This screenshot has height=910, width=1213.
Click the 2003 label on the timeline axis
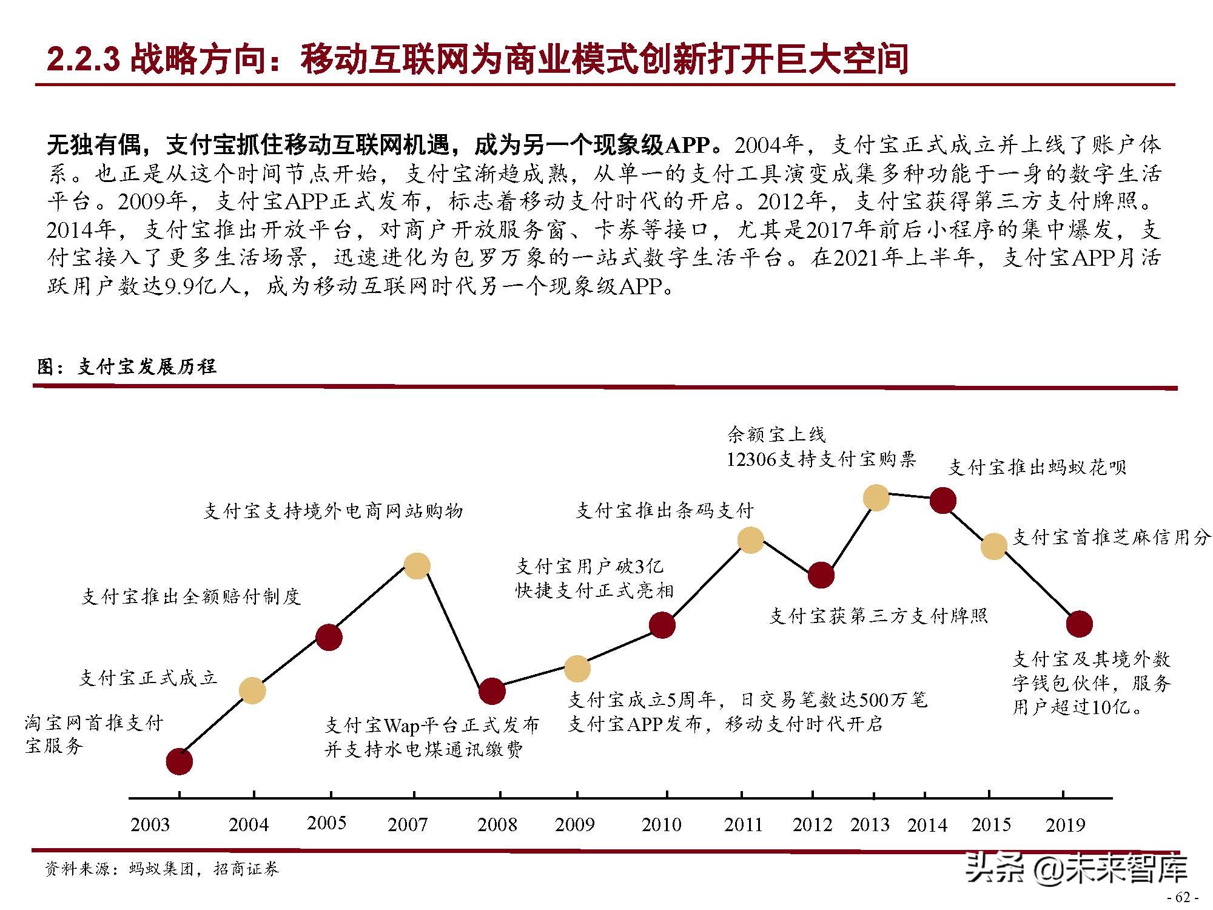coord(150,824)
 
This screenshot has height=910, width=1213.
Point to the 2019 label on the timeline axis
coord(1065,824)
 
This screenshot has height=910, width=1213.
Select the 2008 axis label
coord(497,824)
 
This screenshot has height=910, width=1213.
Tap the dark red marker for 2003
coord(180,761)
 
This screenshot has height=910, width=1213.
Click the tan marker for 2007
coord(417,566)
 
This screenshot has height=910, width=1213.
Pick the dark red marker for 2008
coord(492,691)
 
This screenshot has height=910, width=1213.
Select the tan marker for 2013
coord(876,497)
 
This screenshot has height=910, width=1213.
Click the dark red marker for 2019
coord(1080,624)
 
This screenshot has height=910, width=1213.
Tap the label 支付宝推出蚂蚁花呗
coord(1037,467)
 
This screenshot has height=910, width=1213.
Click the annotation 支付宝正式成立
coord(148,678)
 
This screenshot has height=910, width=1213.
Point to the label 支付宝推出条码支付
coord(664,511)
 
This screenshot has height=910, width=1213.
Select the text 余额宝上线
coord(776,434)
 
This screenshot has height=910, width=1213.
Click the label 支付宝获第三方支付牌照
coord(878,616)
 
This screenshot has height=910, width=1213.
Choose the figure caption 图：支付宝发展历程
coord(126,366)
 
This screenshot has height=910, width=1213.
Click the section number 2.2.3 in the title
coord(83,59)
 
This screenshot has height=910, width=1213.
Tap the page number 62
coord(1182,897)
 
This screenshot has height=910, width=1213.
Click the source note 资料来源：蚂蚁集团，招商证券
coord(162,869)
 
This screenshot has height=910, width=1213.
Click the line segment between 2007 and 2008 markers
coord(454,629)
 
